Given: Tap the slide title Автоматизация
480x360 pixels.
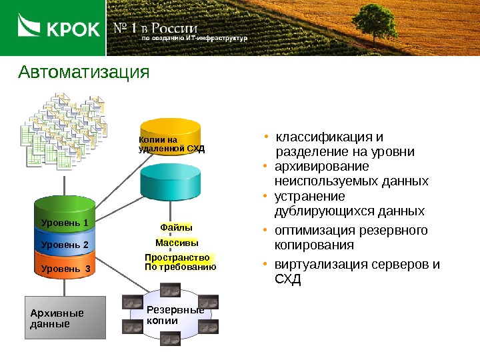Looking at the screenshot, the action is [x=84, y=71].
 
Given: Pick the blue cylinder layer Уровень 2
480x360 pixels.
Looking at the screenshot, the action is [x=65, y=245].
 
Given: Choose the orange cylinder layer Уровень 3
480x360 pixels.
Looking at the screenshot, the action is [x=65, y=269].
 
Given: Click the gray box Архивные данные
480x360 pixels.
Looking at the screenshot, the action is [x=65, y=318].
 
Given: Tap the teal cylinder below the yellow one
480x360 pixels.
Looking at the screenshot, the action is [x=170, y=180].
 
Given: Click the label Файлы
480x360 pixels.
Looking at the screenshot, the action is [x=176, y=228].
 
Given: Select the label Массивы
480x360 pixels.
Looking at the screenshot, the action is [x=177, y=243].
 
